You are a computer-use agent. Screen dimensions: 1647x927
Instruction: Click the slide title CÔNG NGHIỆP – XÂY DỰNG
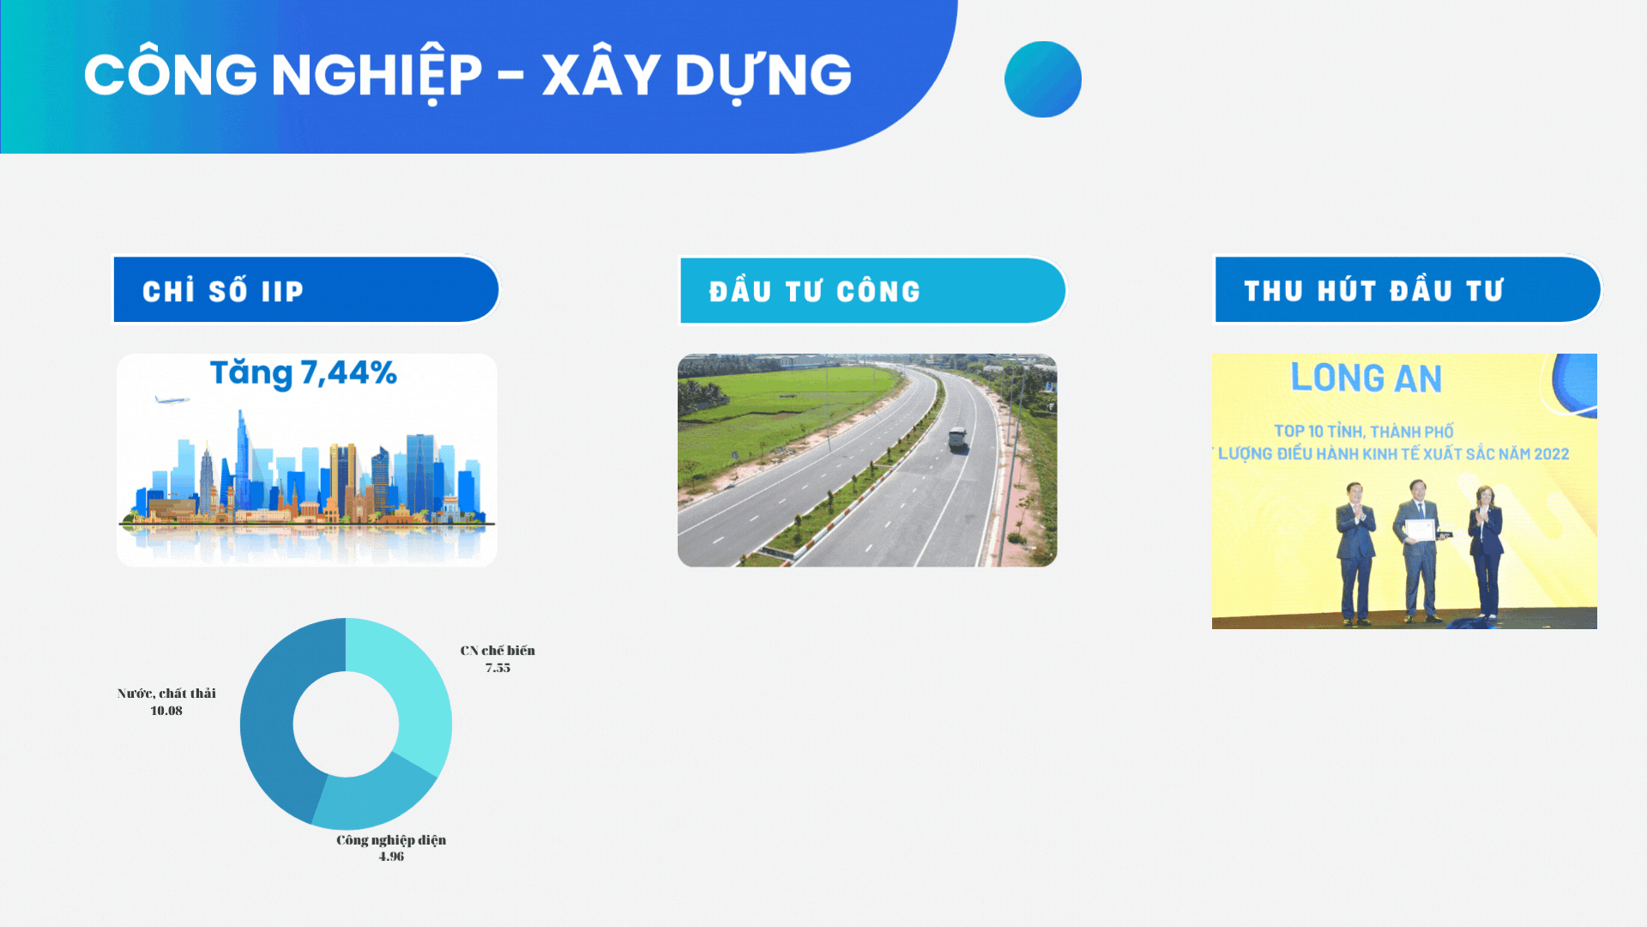468,75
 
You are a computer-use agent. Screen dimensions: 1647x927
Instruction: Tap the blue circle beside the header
1043,79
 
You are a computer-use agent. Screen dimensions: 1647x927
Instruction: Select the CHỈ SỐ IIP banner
306,289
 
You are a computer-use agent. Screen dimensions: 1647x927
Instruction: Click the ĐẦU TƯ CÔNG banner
872,291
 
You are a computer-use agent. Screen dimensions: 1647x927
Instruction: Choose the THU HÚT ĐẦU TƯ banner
1408,289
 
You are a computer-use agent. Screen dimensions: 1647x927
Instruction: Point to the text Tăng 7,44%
304,373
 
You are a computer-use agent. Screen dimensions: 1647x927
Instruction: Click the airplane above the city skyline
172,399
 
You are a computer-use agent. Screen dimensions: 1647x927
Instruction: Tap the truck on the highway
957,439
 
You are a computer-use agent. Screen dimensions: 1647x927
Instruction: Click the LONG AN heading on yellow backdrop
1366,378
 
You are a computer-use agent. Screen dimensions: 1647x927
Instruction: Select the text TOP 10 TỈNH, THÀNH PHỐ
1364,431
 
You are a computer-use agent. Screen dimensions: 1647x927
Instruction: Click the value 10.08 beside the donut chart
166,711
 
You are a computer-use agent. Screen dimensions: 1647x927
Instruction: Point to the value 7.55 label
498,668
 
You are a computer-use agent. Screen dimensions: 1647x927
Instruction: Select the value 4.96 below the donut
391,857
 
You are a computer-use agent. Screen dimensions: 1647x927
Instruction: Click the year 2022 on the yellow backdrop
1551,454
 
